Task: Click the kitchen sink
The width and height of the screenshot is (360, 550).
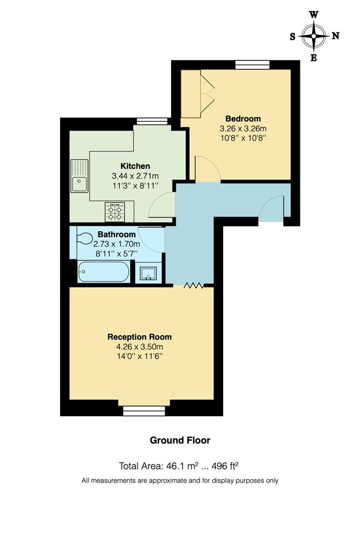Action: click(x=79, y=176)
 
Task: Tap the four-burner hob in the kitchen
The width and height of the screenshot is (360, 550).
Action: click(x=115, y=212)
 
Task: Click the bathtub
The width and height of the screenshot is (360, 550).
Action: click(x=103, y=271)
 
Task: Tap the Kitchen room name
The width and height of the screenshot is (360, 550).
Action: click(x=135, y=166)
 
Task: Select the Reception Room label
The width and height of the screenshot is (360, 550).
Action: click(x=139, y=337)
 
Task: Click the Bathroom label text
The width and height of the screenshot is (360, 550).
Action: click(x=117, y=235)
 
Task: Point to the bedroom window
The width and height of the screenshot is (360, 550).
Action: click(x=252, y=64)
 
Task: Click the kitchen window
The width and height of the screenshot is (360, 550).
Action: click(x=152, y=121)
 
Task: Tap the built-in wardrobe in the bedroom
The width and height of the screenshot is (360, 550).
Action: click(x=193, y=94)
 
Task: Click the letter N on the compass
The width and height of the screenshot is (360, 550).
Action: click(x=336, y=36)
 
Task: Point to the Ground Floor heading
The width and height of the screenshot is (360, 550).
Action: click(x=180, y=441)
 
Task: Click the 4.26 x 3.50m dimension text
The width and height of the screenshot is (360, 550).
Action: click(x=139, y=347)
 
